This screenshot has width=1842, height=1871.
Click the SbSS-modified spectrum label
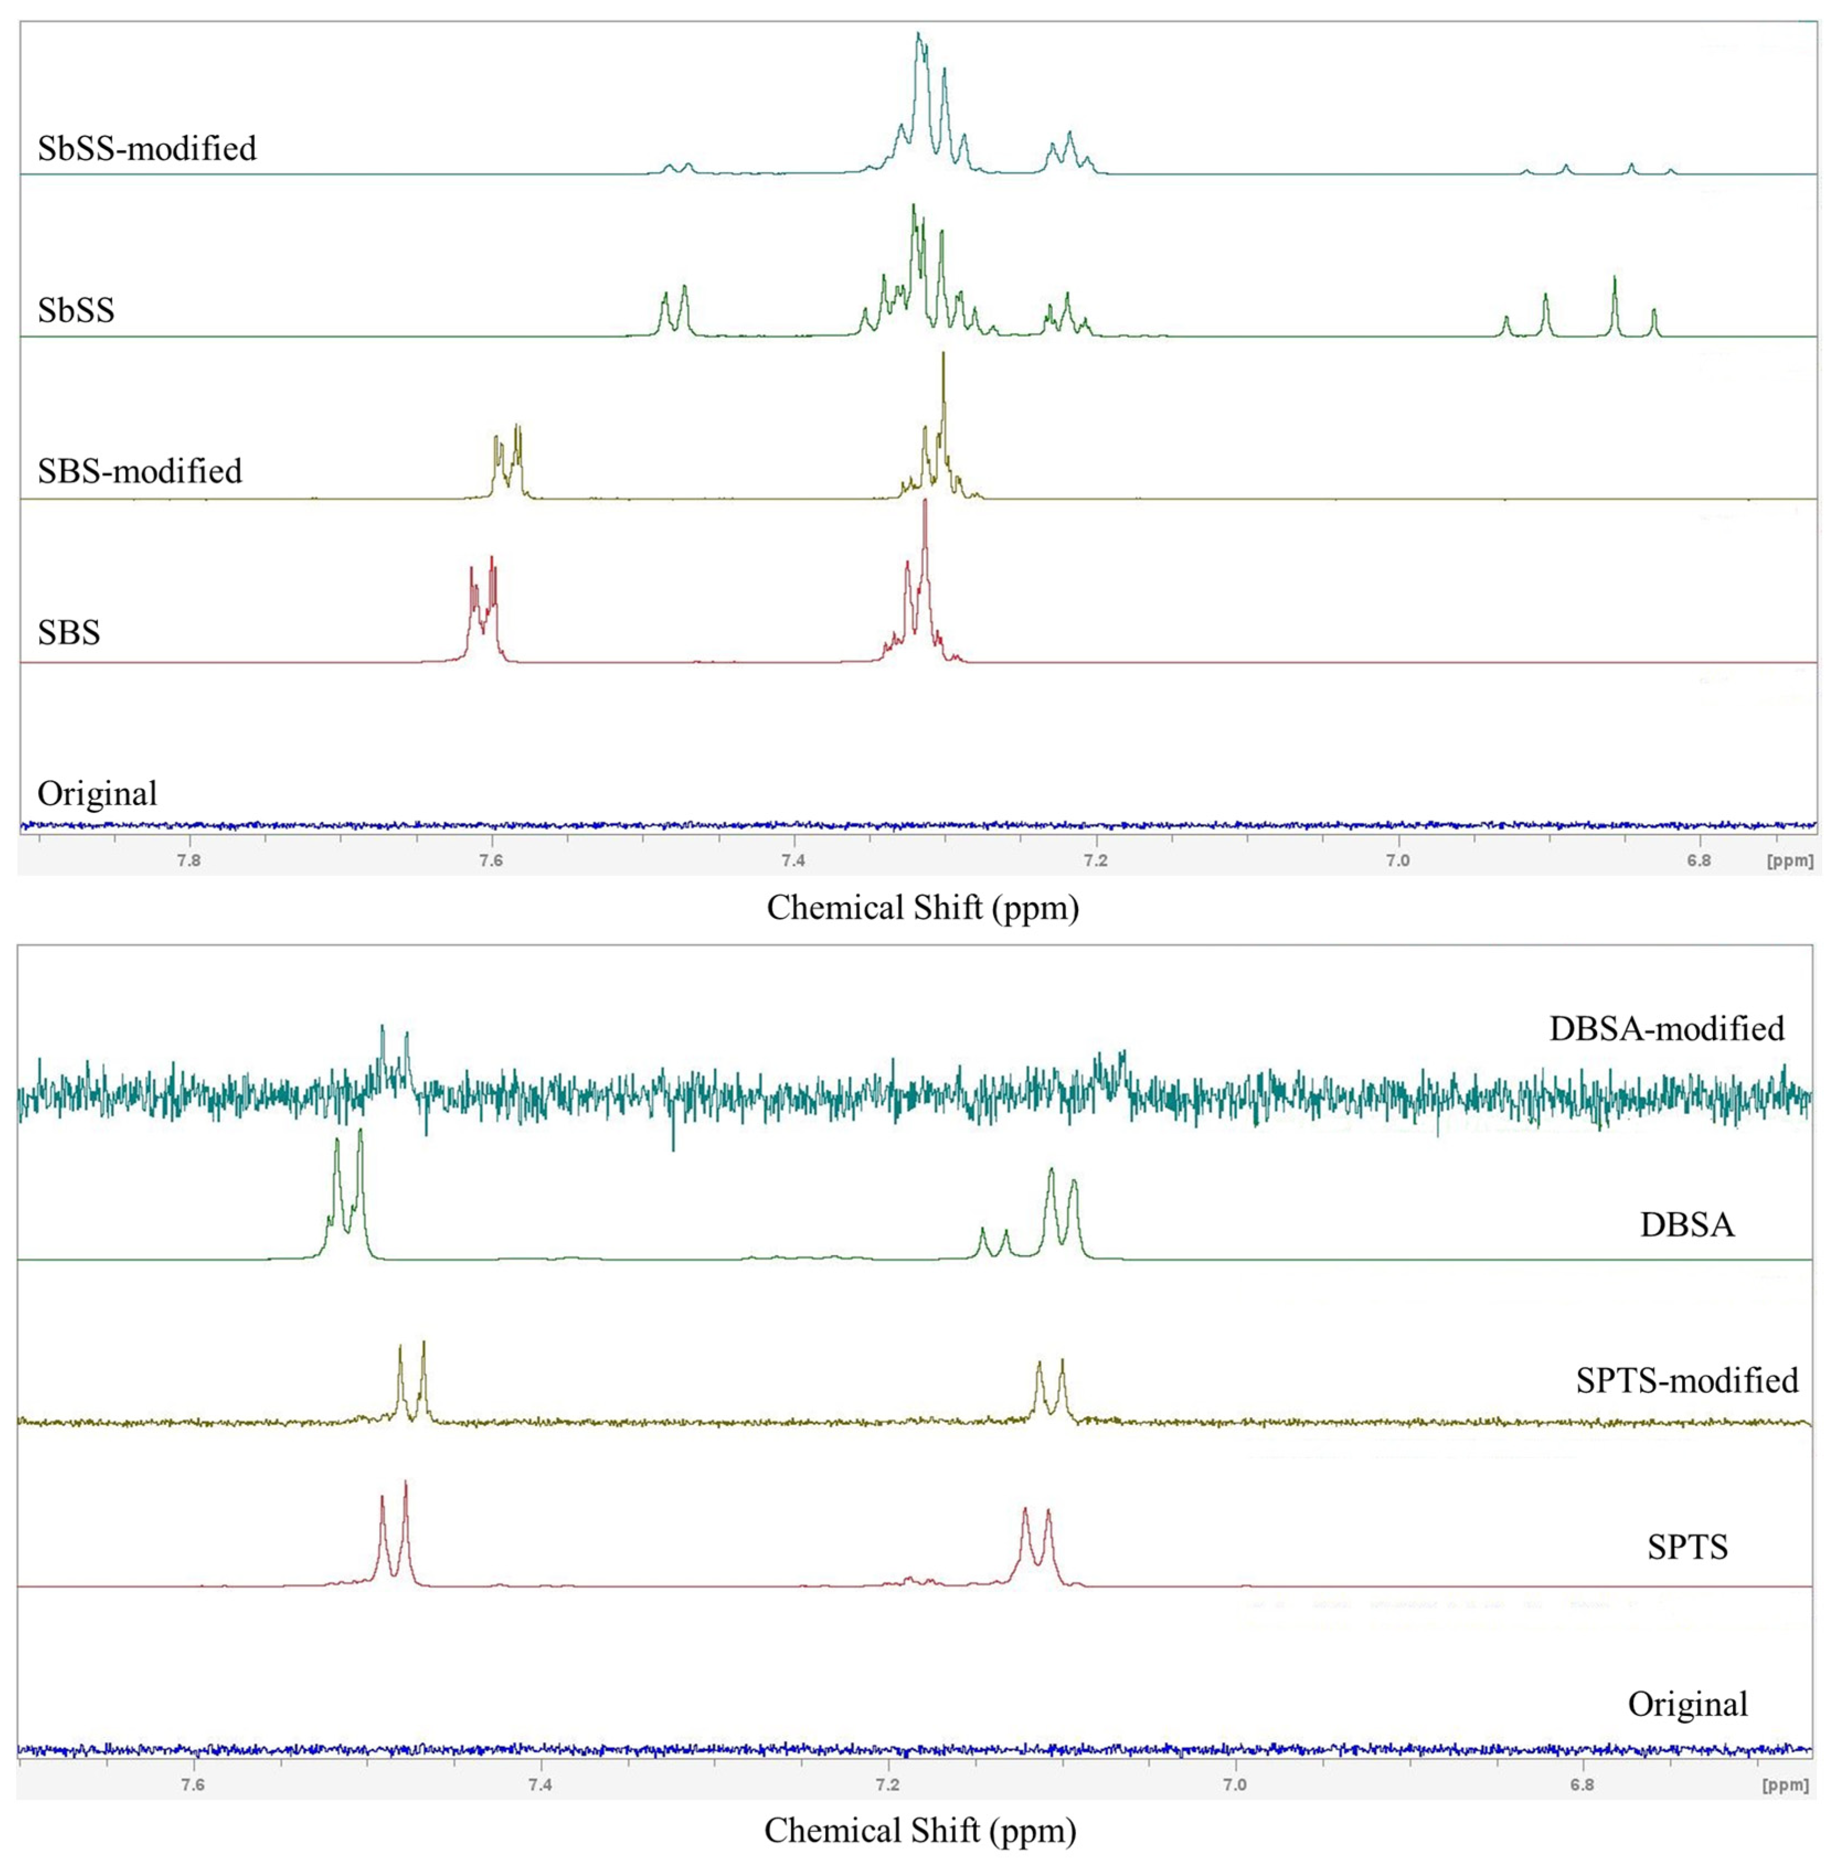click(147, 148)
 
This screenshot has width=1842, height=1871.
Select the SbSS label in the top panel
click(76, 310)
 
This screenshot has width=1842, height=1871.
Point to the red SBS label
click(68, 632)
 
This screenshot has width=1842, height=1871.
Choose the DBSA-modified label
click(1666, 1028)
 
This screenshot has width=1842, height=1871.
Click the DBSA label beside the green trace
click(1686, 1225)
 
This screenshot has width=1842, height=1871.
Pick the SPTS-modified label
click(1686, 1380)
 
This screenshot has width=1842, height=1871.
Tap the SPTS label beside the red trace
click(1687, 1547)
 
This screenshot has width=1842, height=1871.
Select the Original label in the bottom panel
click(1687, 1704)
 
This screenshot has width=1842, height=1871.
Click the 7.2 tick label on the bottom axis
click(887, 1785)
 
